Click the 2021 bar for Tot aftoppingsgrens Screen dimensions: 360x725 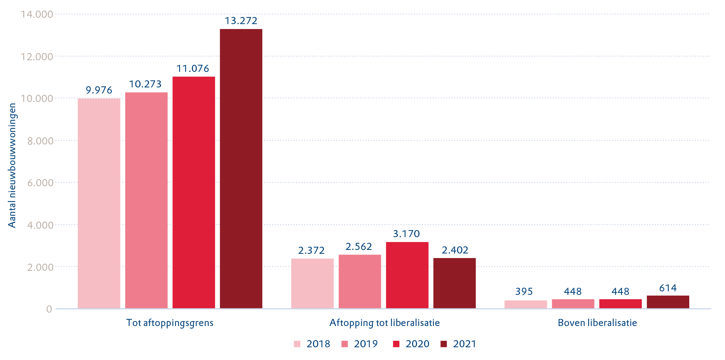click(x=241, y=168)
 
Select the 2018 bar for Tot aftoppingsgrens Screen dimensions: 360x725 click(x=99, y=203)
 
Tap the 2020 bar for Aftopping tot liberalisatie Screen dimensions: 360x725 click(x=407, y=275)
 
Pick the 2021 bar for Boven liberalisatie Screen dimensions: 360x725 click(x=668, y=302)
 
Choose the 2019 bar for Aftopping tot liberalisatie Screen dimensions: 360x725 click(x=360, y=281)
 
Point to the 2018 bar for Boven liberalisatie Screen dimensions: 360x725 click(x=525, y=304)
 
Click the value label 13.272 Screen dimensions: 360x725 click(x=241, y=21)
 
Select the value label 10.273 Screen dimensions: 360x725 click(x=145, y=84)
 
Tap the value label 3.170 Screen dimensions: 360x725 click(x=406, y=234)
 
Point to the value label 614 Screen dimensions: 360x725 click(x=668, y=288)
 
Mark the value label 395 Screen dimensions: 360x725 click(x=524, y=292)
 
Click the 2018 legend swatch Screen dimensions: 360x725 click(x=297, y=344)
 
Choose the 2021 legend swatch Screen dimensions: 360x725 click(x=444, y=344)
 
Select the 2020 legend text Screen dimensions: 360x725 click(x=417, y=344)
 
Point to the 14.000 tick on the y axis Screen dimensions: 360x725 click(x=37, y=14)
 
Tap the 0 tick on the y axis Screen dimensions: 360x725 click(x=49, y=309)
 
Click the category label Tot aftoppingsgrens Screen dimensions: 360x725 click(x=170, y=323)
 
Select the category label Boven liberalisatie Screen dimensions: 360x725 click(x=597, y=323)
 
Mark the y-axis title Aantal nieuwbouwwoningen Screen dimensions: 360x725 click(x=12, y=165)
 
